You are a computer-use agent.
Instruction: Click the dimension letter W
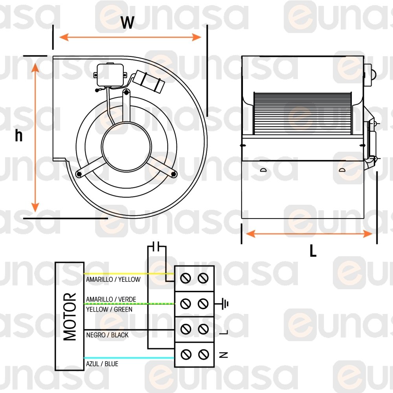tap(127, 22)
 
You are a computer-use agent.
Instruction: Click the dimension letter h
tap(18, 135)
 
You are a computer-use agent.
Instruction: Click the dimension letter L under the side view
tap(313, 250)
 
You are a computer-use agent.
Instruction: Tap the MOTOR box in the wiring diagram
tap(70, 316)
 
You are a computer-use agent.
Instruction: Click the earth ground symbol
tap(224, 304)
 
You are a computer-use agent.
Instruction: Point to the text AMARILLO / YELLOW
tap(113, 279)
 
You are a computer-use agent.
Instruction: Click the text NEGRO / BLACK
tap(107, 335)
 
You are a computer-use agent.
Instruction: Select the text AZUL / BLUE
tap(102, 364)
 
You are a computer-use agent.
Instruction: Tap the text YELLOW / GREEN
tap(109, 309)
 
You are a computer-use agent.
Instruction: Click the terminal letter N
tap(223, 354)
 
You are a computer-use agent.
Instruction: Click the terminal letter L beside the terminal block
tap(224, 332)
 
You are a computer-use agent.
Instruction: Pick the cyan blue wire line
tap(129, 358)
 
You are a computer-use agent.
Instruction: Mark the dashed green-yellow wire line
tap(129, 304)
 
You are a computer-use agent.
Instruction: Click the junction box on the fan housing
tap(110, 75)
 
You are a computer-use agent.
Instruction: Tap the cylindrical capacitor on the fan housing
tap(149, 81)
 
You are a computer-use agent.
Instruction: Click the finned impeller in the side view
tap(303, 113)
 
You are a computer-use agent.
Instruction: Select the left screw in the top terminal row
tap(185, 278)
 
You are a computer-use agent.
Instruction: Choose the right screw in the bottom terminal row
tap(203, 354)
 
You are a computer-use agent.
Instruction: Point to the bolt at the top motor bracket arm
tap(126, 92)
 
